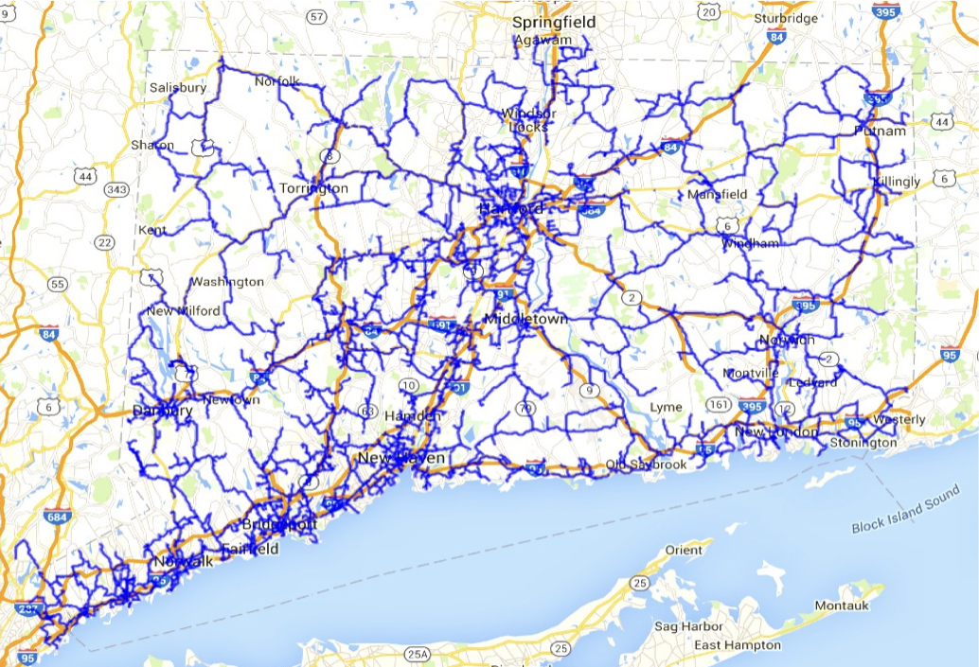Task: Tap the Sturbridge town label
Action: [785, 18]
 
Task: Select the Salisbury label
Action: [178, 88]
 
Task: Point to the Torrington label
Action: [313, 188]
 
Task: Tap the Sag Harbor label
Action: [688, 626]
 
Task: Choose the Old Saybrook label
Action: [647, 465]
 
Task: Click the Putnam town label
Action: [880, 131]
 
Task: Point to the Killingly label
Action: [897, 181]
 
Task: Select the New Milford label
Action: [184, 311]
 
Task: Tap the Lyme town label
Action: [666, 407]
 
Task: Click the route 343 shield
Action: [117, 189]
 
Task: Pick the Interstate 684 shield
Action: [55, 517]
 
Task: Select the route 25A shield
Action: [417, 654]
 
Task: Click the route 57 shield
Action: [317, 17]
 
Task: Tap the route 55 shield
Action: [58, 284]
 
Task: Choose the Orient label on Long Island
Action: [684, 550]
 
